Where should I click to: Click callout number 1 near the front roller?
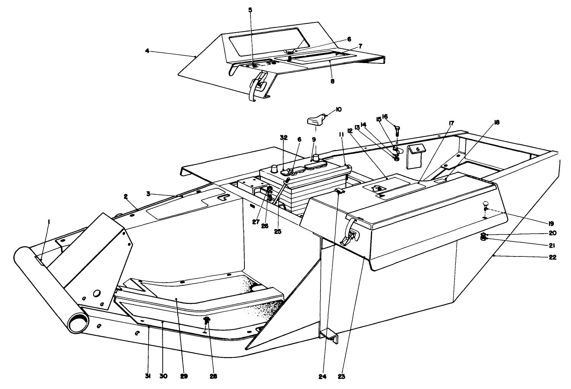tap(49, 221)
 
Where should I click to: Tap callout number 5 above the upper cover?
tap(250, 10)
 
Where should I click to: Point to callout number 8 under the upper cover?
tap(332, 81)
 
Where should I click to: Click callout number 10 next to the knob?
tap(338, 109)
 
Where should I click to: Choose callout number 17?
tap(451, 123)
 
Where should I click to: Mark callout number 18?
tap(496, 122)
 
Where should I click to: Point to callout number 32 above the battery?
tap(284, 138)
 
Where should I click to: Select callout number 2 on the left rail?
tap(125, 196)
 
